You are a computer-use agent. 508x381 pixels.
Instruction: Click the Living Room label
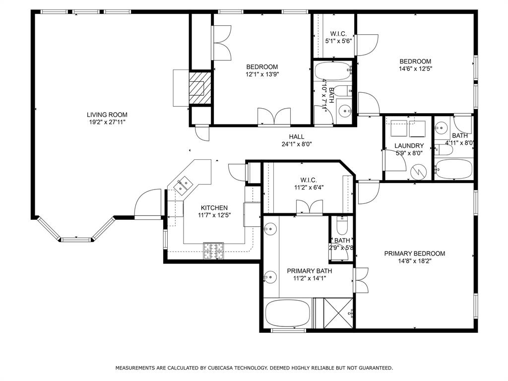click(104, 115)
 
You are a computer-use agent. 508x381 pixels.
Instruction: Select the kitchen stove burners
click(214, 251)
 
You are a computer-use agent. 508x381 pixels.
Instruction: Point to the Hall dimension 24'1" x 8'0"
click(297, 144)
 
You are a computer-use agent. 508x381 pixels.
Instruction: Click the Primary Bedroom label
click(415, 254)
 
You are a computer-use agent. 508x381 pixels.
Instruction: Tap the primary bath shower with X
click(338, 313)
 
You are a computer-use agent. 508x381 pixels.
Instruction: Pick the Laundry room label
click(409, 146)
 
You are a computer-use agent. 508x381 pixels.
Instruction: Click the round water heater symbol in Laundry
click(420, 172)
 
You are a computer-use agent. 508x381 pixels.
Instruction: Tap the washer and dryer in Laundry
click(408, 128)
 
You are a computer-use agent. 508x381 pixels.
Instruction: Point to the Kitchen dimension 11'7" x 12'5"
click(214, 215)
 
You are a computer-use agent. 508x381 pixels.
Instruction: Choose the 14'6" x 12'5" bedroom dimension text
click(416, 69)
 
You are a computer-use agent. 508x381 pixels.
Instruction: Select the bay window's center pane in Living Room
click(77, 240)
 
